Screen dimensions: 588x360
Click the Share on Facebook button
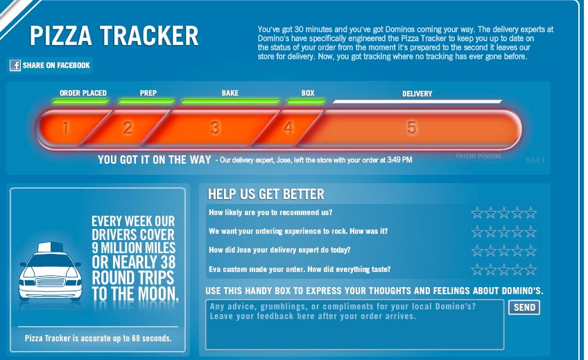pos(50,65)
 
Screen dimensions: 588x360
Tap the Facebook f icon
pos(15,65)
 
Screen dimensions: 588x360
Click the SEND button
pos(524,307)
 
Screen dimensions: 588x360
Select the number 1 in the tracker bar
pos(65,128)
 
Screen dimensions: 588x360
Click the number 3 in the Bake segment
pos(214,128)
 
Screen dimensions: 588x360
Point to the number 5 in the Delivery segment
pos(411,128)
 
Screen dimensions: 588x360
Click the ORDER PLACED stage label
pos(83,93)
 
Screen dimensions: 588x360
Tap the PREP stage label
pos(148,93)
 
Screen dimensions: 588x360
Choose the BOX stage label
pos(308,93)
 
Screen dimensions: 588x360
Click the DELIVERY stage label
pos(417,94)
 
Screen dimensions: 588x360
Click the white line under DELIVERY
pos(417,101)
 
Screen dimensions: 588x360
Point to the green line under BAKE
pos(230,101)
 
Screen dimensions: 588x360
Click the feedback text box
pos(354,325)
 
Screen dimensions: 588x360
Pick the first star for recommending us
pos(477,213)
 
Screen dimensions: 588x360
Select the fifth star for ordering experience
pos(530,232)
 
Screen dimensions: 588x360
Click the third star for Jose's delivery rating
pos(503,250)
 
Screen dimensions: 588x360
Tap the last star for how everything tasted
pos(530,269)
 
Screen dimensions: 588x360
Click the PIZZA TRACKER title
pos(114,36)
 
